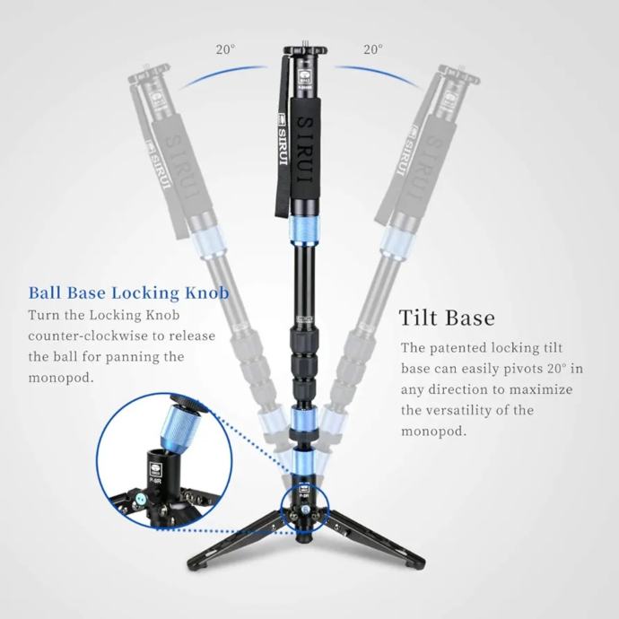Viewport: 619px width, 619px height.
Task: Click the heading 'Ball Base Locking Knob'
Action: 128,293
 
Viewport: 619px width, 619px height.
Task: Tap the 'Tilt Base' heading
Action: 447,318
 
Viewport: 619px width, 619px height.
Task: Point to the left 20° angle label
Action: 225,49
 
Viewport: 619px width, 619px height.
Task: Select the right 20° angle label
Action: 373,49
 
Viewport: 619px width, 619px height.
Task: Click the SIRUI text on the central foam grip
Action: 306,149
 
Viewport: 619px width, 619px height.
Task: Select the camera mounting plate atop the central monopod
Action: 305,50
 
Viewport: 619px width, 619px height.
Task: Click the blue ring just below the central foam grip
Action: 305,231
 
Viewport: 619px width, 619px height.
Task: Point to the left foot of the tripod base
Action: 195,569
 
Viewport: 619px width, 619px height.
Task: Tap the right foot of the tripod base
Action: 417,567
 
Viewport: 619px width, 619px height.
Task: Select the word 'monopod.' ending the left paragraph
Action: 61,378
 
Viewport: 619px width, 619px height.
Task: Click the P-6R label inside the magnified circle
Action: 154,480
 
